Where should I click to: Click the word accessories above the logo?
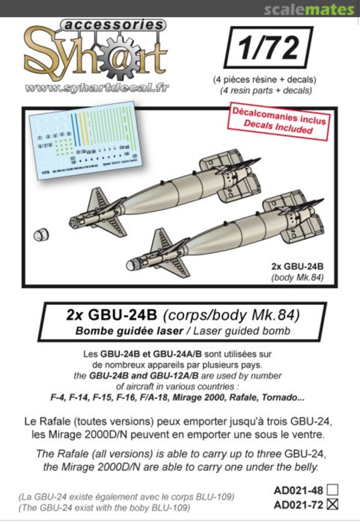114,25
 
